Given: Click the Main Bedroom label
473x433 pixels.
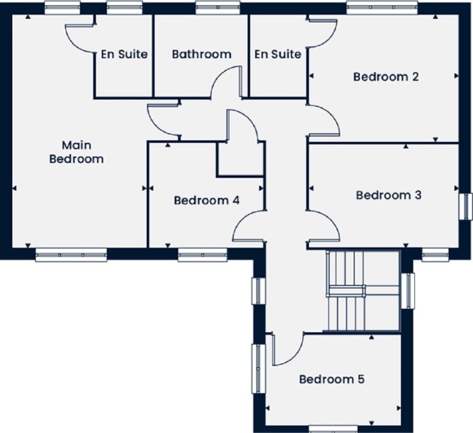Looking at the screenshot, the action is click(x=76, y=152).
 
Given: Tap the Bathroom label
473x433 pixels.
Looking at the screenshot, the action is click(x=202, y=54).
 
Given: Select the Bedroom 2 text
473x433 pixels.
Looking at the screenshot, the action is click(x=386, y=77).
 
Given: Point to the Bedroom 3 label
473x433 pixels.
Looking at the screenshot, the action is click(x=388, y=195).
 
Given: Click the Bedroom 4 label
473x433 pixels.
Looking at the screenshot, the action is click(x=207, y=201).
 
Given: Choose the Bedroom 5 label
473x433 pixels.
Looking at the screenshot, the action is click(x=332, y=379).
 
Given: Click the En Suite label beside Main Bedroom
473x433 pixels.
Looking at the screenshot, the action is click(x=124, y=54).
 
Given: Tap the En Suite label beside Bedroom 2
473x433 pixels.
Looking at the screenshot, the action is click(x=278, y=54).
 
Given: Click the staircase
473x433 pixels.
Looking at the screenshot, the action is click(x=363, y=291).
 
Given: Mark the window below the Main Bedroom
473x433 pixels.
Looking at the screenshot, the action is click(x=71, y=255).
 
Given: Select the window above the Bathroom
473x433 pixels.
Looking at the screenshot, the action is click(x=218, y=7).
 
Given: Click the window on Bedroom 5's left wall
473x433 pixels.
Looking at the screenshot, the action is click(x=258, y=369).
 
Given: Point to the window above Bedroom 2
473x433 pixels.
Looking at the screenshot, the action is click(x=382, y=7).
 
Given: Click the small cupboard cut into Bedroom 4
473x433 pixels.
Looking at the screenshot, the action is click(x=240, y=158).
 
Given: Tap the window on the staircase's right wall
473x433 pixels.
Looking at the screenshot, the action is click(x=408, y=291).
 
